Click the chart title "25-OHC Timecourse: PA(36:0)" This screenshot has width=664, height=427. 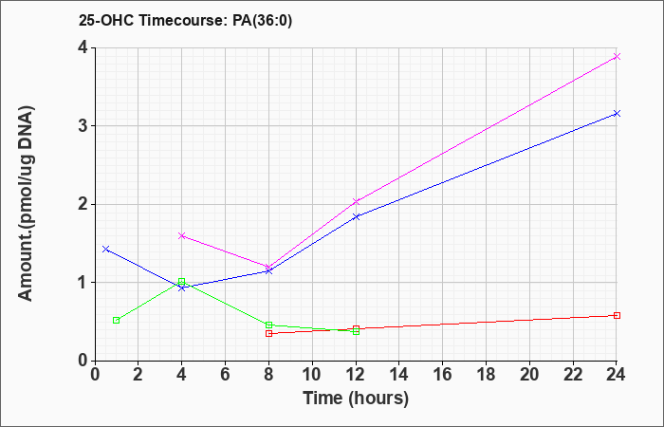pyautogui.click(x=186, y=20)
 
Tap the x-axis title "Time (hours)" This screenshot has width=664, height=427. pyautogui.click(x=356, y=399)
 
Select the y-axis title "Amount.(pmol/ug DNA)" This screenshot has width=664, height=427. pyautogui.click(x=26, y=203)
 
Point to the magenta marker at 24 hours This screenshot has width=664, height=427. pyautogui.click(x=617, y=56)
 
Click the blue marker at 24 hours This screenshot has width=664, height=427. pyautogui.click(x=617, y=114)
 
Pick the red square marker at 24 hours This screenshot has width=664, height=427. pyautogui.click(x=617, y=315)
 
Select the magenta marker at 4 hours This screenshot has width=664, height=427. pyautogui.click(x=182, y=235)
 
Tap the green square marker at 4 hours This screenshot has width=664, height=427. pyautogui.click(x=182, y=281)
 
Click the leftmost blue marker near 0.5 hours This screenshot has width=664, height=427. pyautogui.click(x=106, y=249)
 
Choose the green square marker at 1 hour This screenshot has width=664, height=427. pyautogui.click(x=117, y=321)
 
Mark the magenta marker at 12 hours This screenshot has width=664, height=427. pyautogui.click(x=356, y=201)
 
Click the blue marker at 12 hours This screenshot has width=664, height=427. pyautogui.click(x=356, y=216)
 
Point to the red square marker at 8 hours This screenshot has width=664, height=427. pyautogui.click(x=268, y=333)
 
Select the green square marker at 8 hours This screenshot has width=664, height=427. pyautogui.click(x=268, y=325)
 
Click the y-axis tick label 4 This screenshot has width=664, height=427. pyautogui.click(x=84, y=47)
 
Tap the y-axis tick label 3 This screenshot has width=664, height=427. pyautogui.click(x=84, y=126)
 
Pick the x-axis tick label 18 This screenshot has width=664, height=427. pyautogui.click(x=486, y=375)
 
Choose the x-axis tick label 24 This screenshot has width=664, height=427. pyautogui.click(x=617, y=375)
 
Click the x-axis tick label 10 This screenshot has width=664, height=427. pyautogui.click(x=312, y=375)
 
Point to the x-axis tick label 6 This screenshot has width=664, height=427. pyautogui.click(x=226, y=375)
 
